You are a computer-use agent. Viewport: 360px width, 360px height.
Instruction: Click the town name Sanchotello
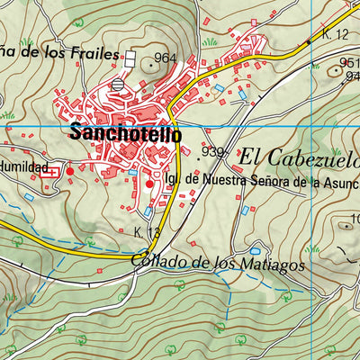(124, 134)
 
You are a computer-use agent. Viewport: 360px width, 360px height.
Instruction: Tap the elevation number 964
(165, 58)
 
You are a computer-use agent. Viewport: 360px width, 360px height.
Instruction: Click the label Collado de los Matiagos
(217, 265)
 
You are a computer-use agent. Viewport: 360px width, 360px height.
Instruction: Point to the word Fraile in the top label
(95, 53)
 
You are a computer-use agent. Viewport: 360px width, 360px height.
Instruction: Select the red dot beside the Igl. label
(149, 184)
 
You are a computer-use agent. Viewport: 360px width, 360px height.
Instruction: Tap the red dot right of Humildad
(70, 170)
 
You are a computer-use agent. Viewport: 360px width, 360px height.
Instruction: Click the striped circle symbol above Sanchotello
(120, 85)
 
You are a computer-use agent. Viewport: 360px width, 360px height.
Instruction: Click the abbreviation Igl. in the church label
(173, 180)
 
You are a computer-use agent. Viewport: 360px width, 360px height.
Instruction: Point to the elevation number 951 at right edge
(349, 62)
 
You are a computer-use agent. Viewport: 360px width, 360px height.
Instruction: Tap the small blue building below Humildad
(29, 196)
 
